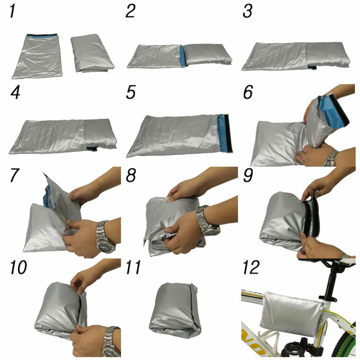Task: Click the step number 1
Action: (x=13, y=11)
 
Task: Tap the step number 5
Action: (x=131, y=92)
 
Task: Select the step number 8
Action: (x=131, y=175)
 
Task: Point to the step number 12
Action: (x=251, y=267)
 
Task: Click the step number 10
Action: (x=18, y=267)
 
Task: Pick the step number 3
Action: (x=248, y=11)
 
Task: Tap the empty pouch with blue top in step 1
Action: (x=37, y=56)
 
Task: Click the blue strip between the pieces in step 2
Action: (x=183, y=56)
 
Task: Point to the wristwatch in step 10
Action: (x=111, y=342)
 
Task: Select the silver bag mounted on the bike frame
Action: (x=291, y=314)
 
